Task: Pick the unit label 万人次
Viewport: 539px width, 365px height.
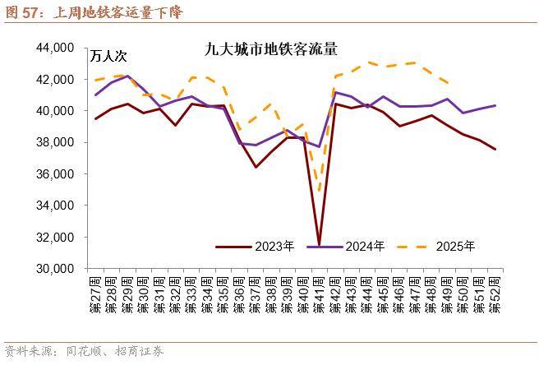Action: point(109,57)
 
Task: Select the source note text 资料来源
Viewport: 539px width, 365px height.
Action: point(25,351)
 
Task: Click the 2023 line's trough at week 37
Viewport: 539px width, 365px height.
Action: point(256,167)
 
